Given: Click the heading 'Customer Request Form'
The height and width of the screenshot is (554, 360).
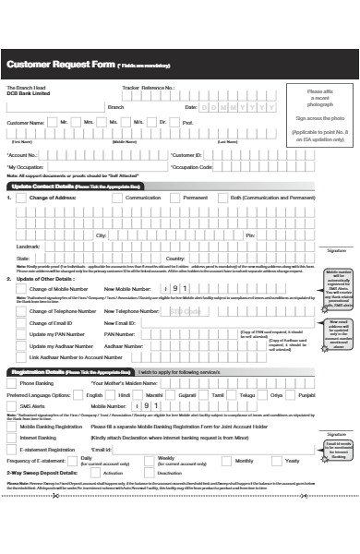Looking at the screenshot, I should [x=60, y=64].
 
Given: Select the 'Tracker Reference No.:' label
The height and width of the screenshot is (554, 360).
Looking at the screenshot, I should [x=148, y=87].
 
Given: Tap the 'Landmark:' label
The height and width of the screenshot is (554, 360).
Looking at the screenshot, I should [x=29, y=247].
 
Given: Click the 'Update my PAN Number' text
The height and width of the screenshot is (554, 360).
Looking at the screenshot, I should [x=53, y=332].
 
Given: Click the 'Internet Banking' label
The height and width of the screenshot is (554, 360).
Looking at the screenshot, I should [x=38, y=437].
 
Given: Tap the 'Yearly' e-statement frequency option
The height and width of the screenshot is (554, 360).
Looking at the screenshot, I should [x=292, y=460].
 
